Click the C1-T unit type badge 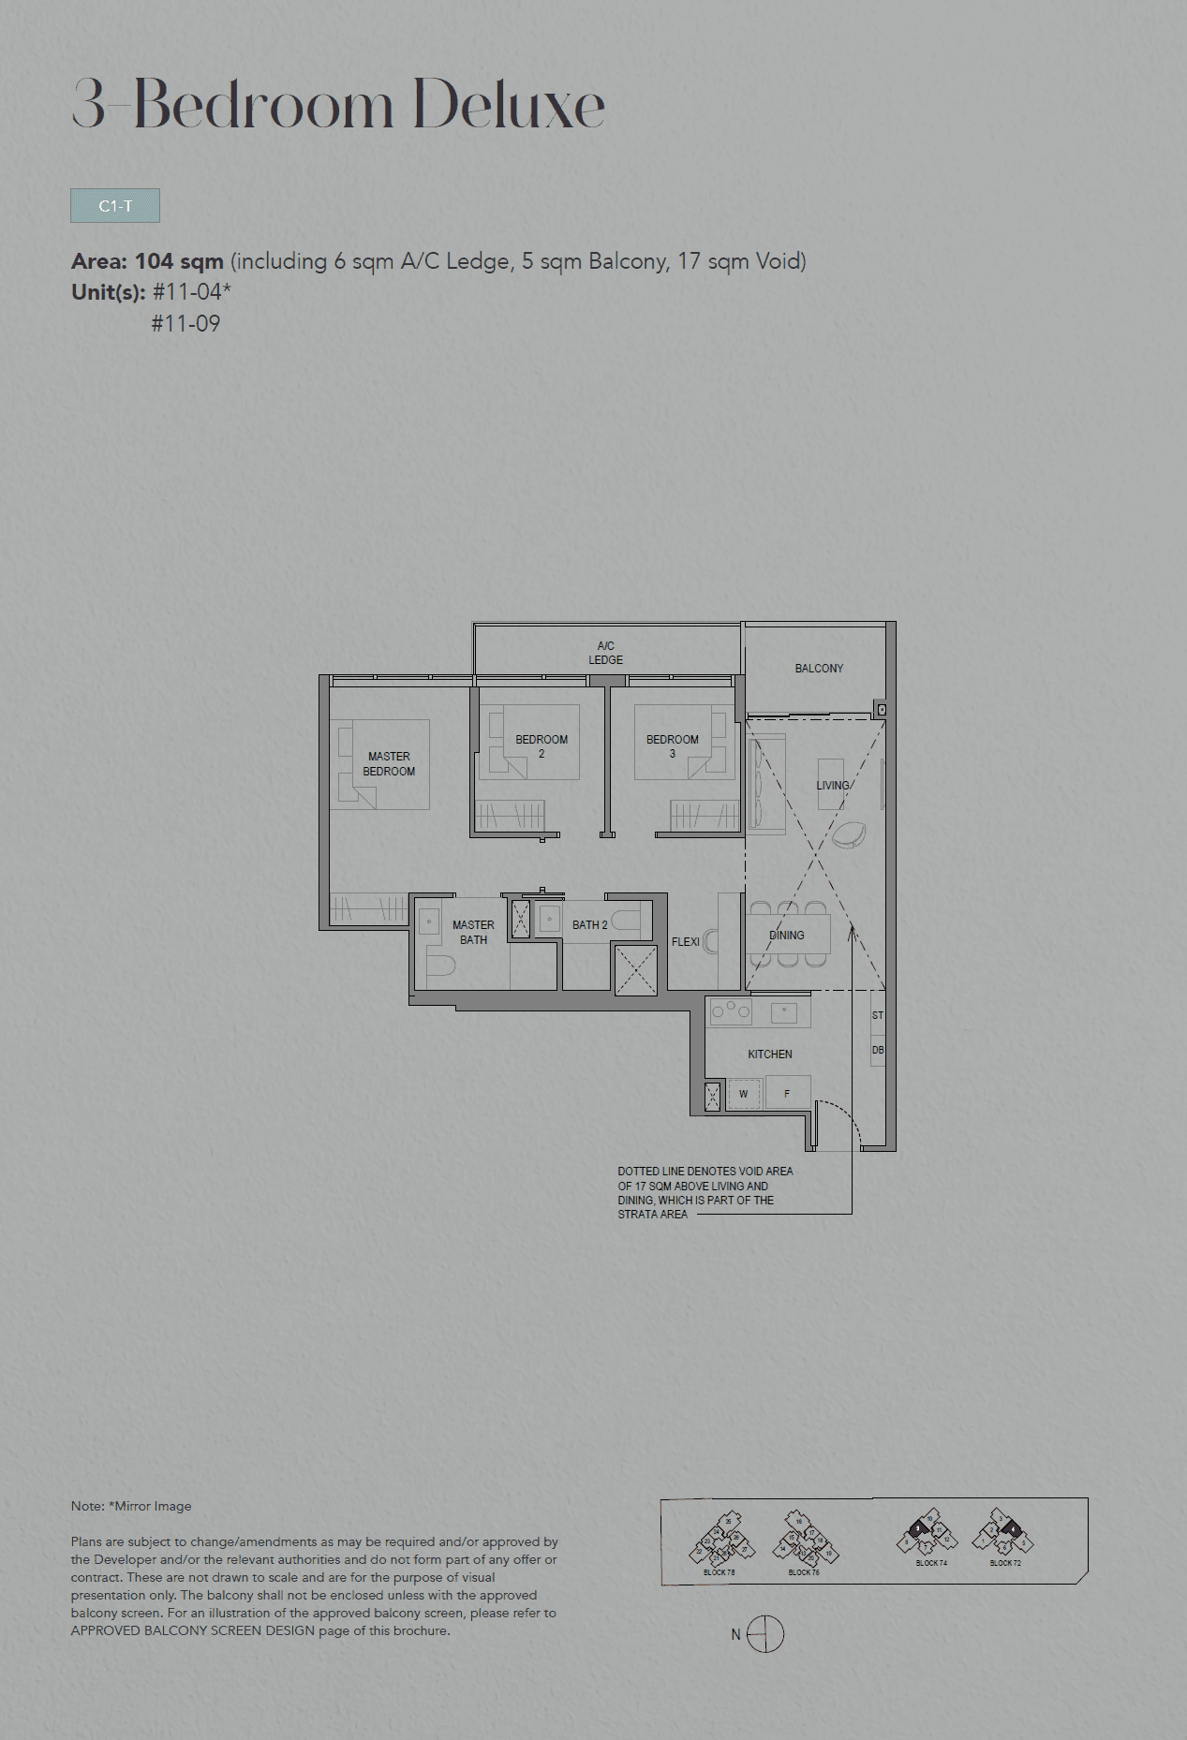pyautogui.click(x=115, y=206)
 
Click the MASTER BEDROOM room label pyautogui.click(x=389, y=763)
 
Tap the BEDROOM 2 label pyautogui.click(x=542, y=745)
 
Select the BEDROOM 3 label pyautogui.click(x=672, y=745)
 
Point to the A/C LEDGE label pyautogui.click(x=605, y=653)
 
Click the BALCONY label pyautogui.click(x=819, y=668)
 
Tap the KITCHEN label pyautogui.click(x=769, y=1054)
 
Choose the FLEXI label pyautogui.click(x=685, y=941)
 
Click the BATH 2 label pyautogui.click(x=589, y=924)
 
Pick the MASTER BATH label pyautogui.click(x=473, y=932)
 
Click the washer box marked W pyautogui.click(x=744, y=1093)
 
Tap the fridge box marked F pyautogui.click(x=787, y=1093)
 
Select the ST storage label pyautogui.click(x=878, y=1015)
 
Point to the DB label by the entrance pyautogui.click(x=878, y=1050)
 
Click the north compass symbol pyautogui.click(x=765, y=1634)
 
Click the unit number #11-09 pyautogui.click(x=185, y=324)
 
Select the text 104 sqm pyautogui.click(x=179, y=261)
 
